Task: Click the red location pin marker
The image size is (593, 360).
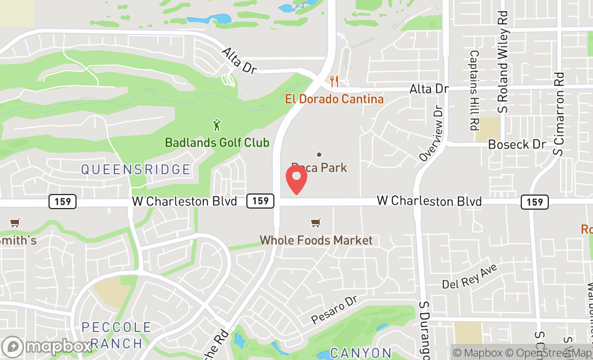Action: pos(296,179)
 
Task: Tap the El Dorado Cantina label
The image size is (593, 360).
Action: pos(334,99)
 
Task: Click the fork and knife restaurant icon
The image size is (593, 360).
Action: pos(334,81)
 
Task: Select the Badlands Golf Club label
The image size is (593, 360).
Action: pos(217,143)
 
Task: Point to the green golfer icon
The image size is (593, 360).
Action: pos(217,126)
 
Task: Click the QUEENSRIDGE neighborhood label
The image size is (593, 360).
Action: pos(136,170)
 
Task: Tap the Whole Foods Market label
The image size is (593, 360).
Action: pos(316,240)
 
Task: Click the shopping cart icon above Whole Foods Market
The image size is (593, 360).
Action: pos(316,223)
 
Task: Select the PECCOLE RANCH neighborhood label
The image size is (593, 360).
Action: pos(116,335)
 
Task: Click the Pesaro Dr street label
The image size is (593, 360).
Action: pos(335,310)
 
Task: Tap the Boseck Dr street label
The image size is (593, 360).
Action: pos(517,144)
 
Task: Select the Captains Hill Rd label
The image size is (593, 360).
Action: pos(474,91)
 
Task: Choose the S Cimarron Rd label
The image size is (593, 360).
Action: pos(559,114)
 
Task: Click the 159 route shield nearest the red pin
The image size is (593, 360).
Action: pos(260,201)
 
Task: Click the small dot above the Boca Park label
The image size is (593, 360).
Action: pos(319,155)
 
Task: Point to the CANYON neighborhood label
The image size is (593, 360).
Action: pos(361,353)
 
